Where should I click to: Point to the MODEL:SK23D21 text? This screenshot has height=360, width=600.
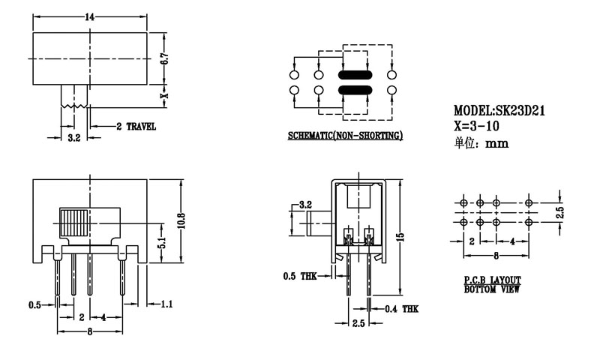click(499, 110)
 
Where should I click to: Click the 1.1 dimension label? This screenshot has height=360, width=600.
click(166, 304)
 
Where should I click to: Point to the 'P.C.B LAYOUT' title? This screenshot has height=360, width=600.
click(493, 280)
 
